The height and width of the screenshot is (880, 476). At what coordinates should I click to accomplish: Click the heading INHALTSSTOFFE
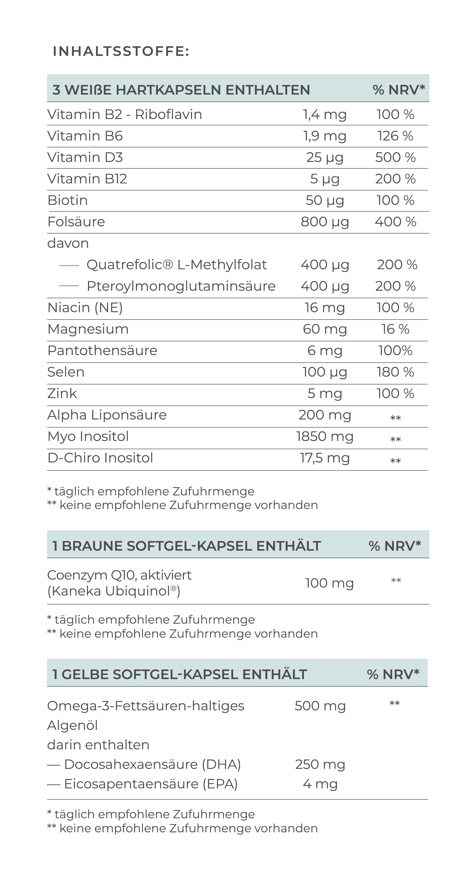121,51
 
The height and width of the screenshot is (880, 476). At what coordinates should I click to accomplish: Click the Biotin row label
68,200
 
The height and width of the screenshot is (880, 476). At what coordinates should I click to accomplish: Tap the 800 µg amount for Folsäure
324,222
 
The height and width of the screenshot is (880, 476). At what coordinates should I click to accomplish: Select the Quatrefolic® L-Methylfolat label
177,265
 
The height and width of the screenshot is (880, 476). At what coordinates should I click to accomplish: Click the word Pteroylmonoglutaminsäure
181,286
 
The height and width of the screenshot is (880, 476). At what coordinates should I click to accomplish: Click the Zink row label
62,394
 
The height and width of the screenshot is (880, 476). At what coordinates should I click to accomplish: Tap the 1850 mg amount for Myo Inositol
324,436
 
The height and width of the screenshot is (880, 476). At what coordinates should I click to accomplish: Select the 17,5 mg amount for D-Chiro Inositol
324,458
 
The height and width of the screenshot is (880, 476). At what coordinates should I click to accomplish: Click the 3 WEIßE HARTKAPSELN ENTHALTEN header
181,90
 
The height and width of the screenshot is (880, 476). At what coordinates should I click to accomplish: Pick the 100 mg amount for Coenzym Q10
329,583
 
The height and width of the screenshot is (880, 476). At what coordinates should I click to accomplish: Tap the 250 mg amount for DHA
320,764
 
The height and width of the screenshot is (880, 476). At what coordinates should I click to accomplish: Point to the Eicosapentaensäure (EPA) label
151,784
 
